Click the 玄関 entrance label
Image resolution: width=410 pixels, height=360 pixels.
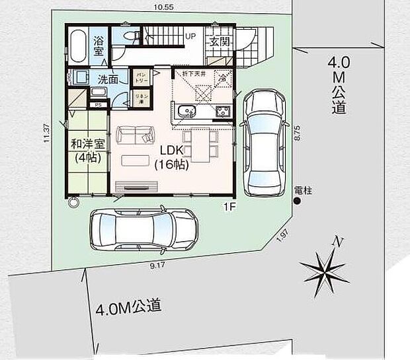[x=219, y=42]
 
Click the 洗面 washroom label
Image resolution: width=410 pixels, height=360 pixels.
[x=108, y=78]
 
